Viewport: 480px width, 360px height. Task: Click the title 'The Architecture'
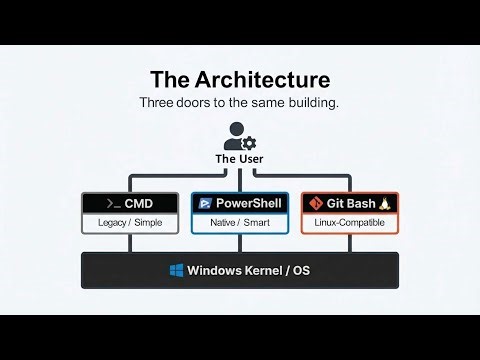239,78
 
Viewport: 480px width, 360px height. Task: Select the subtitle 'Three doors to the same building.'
239,102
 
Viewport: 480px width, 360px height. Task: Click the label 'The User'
239,159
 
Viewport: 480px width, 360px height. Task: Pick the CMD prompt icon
105,204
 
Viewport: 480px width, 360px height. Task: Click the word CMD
139,204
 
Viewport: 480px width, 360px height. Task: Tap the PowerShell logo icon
205,204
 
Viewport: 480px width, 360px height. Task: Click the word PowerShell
249,204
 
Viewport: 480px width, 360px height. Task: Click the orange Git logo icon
317,204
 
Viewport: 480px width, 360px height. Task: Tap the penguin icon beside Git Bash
385,204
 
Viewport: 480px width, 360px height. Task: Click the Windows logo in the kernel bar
177,271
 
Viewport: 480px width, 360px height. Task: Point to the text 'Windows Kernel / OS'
251,271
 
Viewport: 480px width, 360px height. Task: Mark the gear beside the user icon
249,144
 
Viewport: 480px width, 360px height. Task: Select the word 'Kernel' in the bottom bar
266,271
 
